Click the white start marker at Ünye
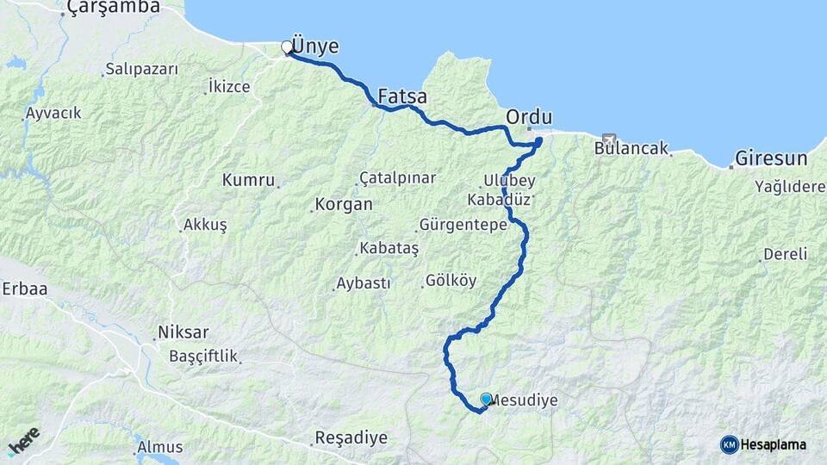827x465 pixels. click(287, 47)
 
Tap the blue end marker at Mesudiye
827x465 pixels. click(486, 399)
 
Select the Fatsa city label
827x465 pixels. click(402, 97)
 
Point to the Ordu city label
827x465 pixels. click(529, 116)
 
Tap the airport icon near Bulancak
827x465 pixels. click(610, 139)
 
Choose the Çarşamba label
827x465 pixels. click(112, 7)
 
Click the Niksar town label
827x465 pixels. click(183, 332)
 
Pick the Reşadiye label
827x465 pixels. click(351, 437)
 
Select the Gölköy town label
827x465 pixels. click(451, 281)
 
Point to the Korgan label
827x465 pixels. click(344, 205)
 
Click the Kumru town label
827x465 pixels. click(248, 180)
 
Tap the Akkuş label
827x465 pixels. click(204, 225)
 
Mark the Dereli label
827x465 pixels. click(785, 254)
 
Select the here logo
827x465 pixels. click(24, 441)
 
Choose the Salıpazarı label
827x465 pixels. click(141, 69)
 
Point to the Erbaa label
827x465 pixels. click(24, 288)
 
